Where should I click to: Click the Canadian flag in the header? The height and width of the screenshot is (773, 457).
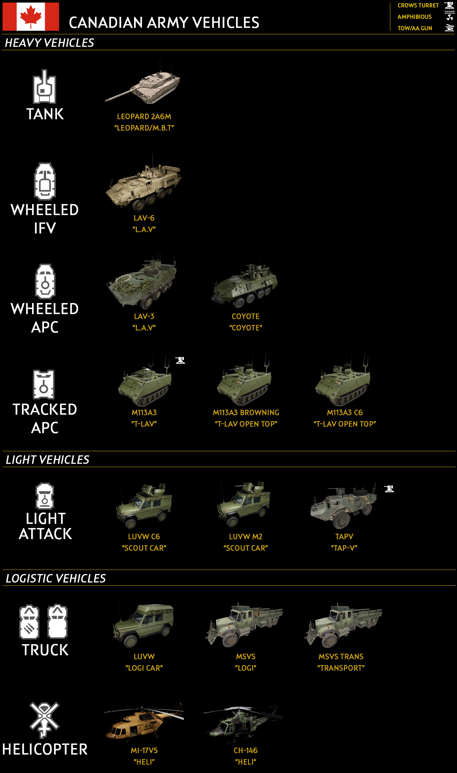pyautogui.click(x=31, y=17)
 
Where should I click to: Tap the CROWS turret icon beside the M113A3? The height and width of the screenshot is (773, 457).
pyautogui.click(x=180, y=360)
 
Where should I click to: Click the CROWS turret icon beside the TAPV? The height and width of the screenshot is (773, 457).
pyautogui.click(x=389, y=489)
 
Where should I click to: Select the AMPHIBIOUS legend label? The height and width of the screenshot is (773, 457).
pyautogui.click(x=414, y=17)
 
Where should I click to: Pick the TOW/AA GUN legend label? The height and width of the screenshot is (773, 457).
pyautogui.click(x=415, y=28)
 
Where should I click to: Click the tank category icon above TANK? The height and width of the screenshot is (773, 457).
pyautogui.click(x=44, y=87)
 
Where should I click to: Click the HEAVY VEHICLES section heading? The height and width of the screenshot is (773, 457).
pyautogui.click(x=50, y=43)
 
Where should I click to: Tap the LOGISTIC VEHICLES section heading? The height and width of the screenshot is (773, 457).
pyautogui.click(x=56, y=578)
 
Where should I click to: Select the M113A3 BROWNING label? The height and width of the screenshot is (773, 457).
pyautogui.click(x=246, y=413)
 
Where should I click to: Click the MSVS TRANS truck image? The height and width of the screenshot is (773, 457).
pyautogui.click(x=343, y=625)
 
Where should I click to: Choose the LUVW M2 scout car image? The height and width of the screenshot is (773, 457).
pyautogui.click(x=244, y=505)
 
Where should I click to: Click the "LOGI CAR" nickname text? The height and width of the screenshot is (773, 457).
pyautogui.click(x=144, y=668)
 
